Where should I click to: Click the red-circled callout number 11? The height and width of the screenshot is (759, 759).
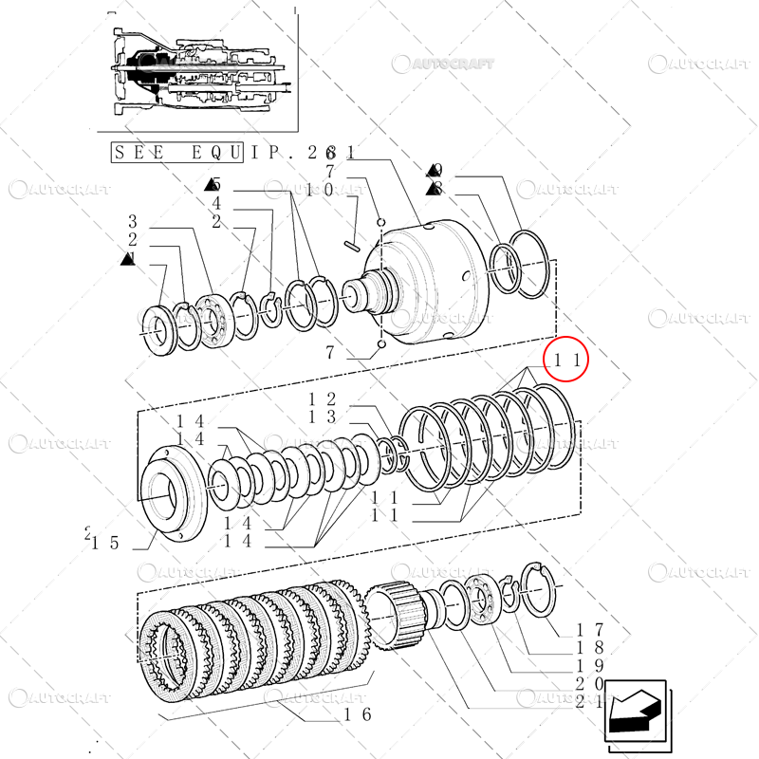(565, 360)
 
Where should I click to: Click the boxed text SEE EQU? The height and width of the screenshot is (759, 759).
(176, 152)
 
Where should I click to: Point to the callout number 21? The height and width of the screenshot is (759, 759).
(589, 703)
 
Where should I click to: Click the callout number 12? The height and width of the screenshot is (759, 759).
(324, 398)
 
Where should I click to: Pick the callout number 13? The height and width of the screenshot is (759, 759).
(324, 417)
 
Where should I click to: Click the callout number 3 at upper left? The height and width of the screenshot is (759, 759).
(134, 221)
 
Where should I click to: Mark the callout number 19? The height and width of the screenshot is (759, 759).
(589, 667)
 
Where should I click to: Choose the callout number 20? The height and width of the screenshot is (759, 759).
(589, 685)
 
